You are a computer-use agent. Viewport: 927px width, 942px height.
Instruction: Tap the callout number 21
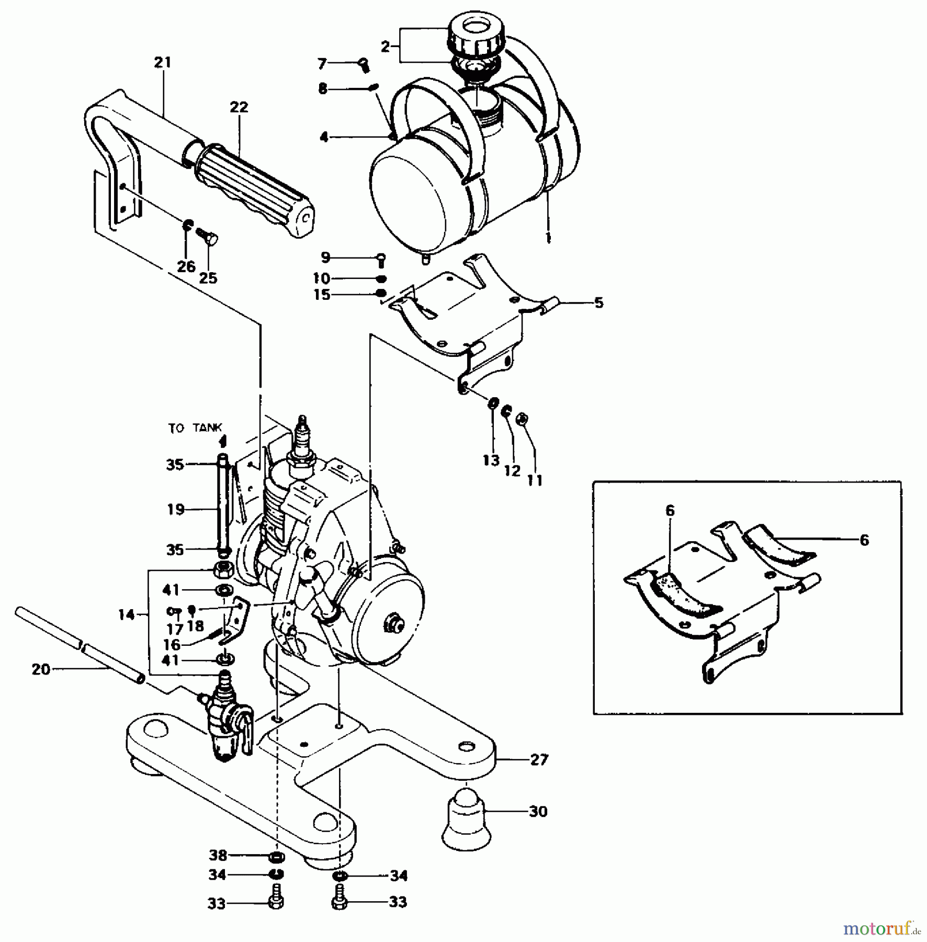(163, 63)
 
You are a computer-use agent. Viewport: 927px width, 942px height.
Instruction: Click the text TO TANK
(195, 428)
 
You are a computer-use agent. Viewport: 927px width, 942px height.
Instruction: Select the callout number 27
(539, 759)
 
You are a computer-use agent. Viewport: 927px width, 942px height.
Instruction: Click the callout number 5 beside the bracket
(598, 303)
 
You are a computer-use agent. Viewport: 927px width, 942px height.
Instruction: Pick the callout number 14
(126, 615)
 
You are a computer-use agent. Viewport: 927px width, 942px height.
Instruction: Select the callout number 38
(218, 856)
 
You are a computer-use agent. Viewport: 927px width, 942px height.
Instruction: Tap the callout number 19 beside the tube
(176, 509)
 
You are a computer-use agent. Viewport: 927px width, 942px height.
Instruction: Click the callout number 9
(325, 257)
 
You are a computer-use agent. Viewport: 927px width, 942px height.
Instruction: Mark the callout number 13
(491, 461)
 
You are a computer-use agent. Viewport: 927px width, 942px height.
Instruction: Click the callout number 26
(186, 266)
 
